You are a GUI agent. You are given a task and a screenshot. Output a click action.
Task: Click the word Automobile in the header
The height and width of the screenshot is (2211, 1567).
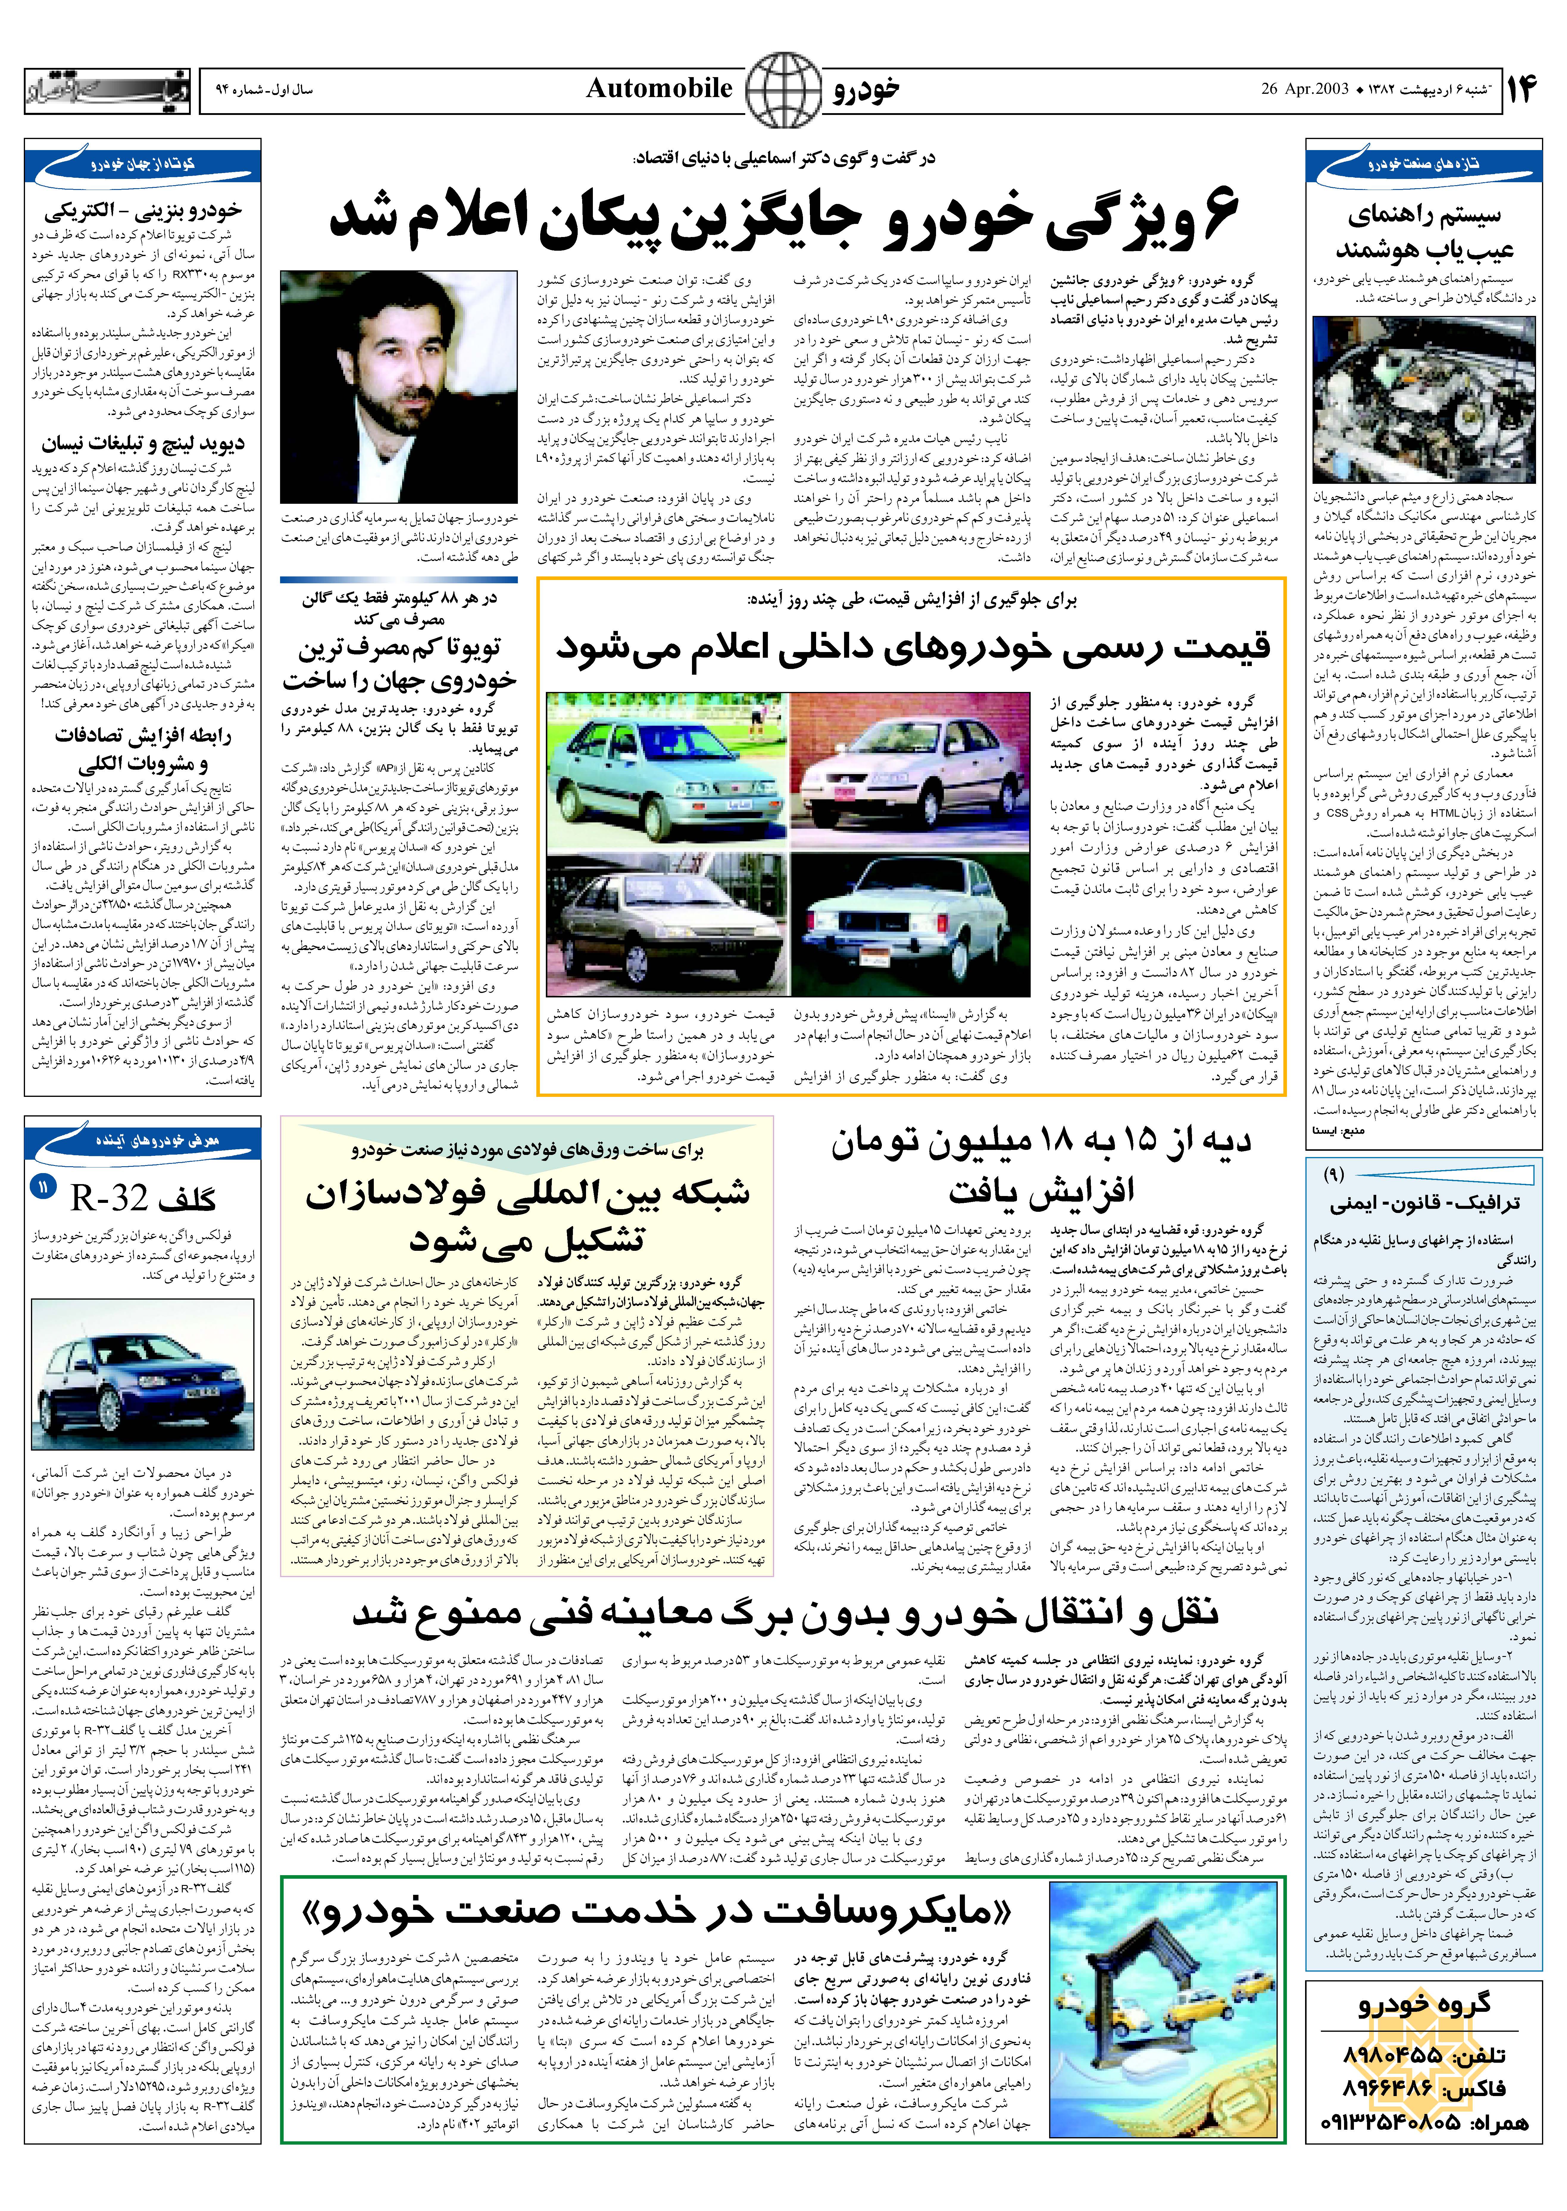coord(659,89)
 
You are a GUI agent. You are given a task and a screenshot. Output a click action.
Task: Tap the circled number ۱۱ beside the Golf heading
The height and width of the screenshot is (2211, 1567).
coord(43,1187)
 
